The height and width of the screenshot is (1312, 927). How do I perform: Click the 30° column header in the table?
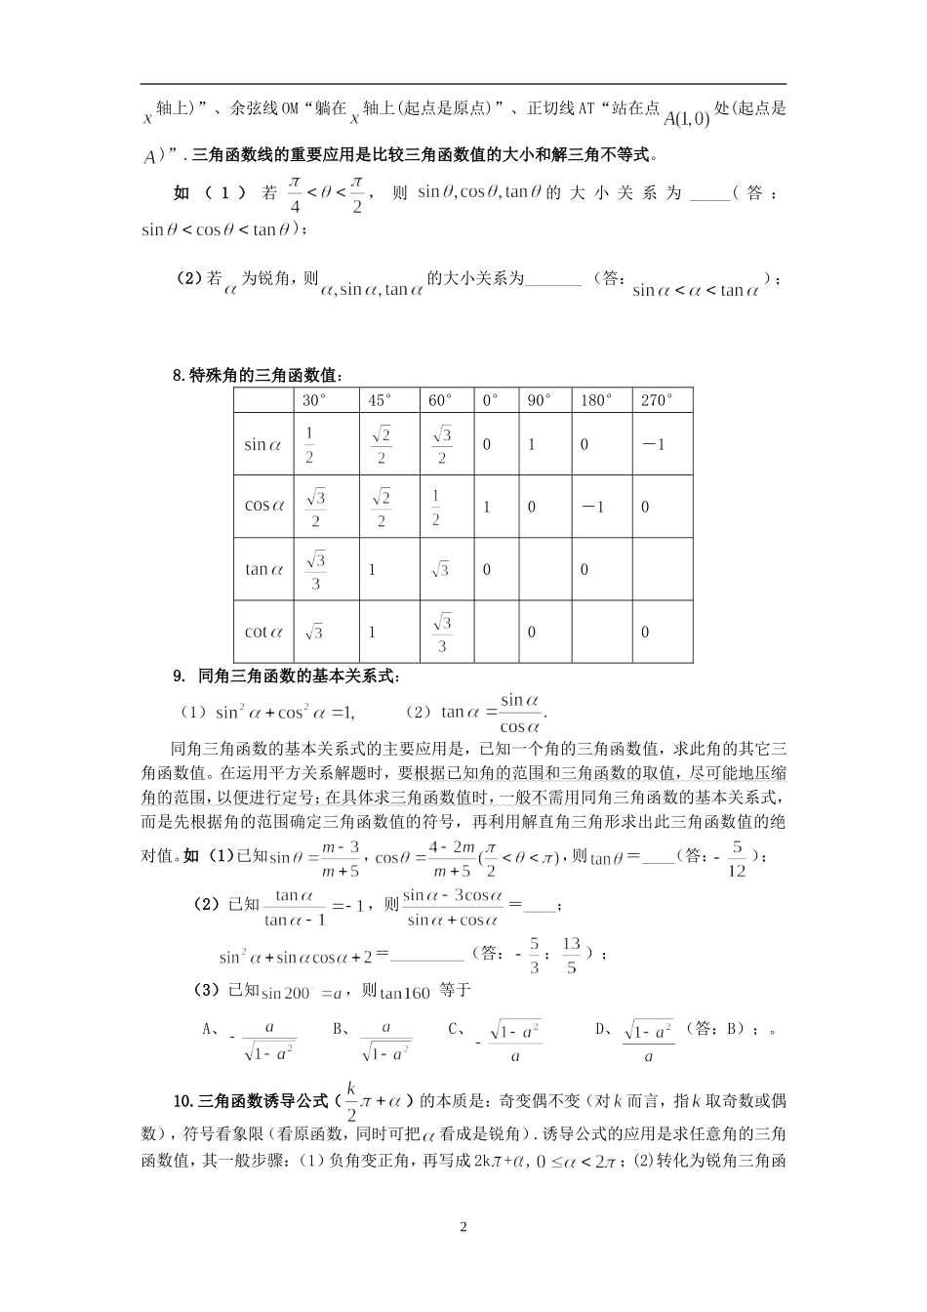[314, 400]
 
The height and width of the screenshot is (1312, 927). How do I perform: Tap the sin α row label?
[263, 444]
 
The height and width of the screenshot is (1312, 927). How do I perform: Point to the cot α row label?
[263, 632]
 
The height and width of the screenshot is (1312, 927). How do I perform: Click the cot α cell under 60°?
[442, 632]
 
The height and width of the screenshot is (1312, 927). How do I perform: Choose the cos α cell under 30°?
[315, 507]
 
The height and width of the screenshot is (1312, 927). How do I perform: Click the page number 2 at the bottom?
[463, 1227]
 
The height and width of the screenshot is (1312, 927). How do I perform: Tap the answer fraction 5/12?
[737, 857]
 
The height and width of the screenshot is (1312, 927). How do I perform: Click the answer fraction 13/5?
[572, 955]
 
